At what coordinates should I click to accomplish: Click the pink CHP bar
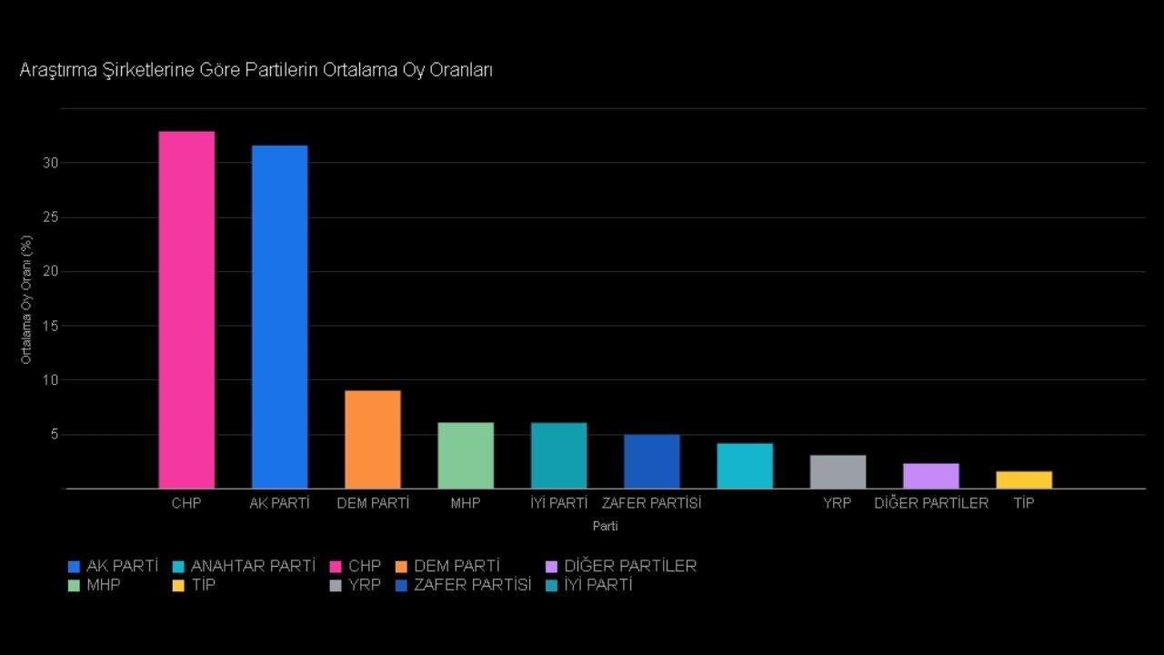tap(186, 309)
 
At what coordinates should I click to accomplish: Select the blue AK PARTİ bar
tap(279, 317)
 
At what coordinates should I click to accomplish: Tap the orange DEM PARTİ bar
tap(373, 439)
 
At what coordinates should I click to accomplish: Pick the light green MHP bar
tap(466, 456)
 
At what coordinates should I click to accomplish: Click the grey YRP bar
tap(838, 471)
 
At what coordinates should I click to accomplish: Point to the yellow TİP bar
tap(1024, 479)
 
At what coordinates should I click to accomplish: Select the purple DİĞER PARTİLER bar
tap(930, 476)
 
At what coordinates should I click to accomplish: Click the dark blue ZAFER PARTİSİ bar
tap(651, 461)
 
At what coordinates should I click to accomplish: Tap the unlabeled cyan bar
tap(745, 466)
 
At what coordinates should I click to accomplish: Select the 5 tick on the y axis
tap(54, 434)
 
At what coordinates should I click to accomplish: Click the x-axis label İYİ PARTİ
tap(558, 502)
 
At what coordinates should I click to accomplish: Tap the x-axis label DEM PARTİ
tap(373, 502)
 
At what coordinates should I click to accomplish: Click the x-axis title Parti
tap(605, 526)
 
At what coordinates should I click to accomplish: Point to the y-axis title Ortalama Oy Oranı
tap(26, 299)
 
